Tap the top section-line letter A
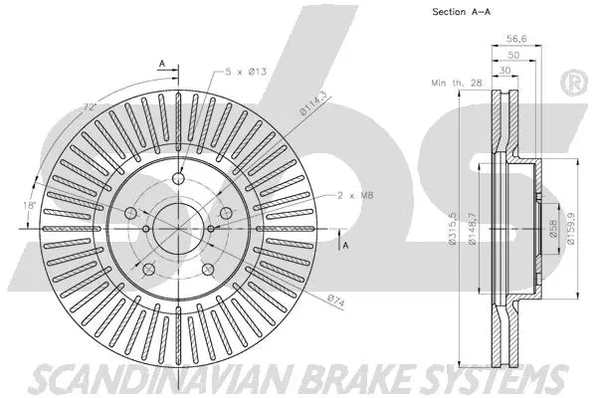(160, 62)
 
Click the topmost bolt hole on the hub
(180, 179)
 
